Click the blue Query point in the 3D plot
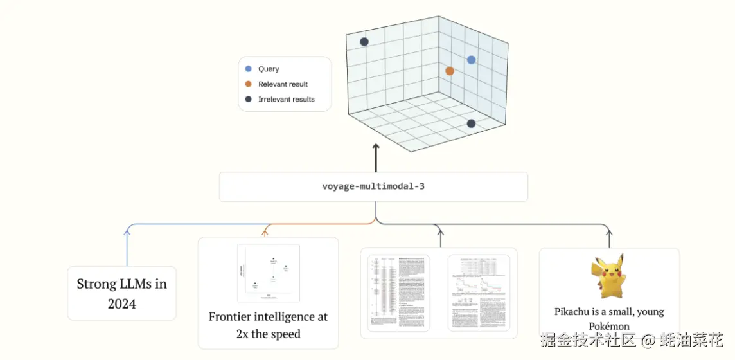[471, 60]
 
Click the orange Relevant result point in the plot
[450, 71]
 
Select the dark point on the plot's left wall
[364, 42]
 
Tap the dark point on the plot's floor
[471, 123]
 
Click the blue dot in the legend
[248, 69]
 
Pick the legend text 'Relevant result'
[283, 84]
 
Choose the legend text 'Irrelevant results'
[286, 100]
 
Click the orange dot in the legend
[248, 84]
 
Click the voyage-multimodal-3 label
[373, 186]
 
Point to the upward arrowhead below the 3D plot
[376, 148]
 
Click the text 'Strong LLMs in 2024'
[121, 293]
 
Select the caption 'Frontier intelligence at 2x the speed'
[268, 325]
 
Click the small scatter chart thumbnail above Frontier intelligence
[268, 273]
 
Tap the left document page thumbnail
[398, 292]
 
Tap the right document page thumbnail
[478, 292]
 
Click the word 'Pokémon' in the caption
[609, 326]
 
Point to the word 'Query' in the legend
[269, 69]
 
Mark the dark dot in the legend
[248, 100]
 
